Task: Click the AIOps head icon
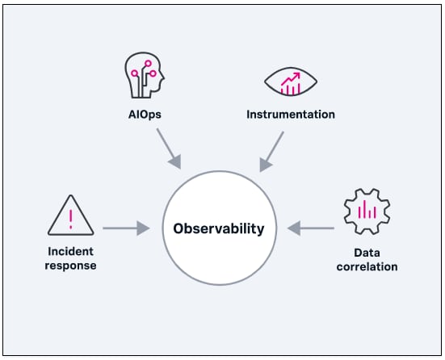pos(145,75)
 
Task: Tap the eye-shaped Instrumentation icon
pos(291,82)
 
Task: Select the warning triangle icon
pos(70,216)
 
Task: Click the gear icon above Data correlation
pos(367,211)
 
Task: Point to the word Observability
pos(219,228)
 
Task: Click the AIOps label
pos(145,115)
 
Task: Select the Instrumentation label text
pos(291,115)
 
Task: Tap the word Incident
pos(70,251)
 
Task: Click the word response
pos(70,266)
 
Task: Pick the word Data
pos(367,253)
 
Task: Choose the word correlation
pos(367,267)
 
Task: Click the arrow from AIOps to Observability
pos(169,149)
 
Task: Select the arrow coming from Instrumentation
pos(271,152)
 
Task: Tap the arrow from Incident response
pos(126,228)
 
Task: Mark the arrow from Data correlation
pos(311,228)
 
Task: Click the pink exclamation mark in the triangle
pos(70,220)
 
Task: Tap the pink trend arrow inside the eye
pos(291,78)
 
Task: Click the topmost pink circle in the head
pos(148,63)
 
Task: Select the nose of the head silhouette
pos(162,77)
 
